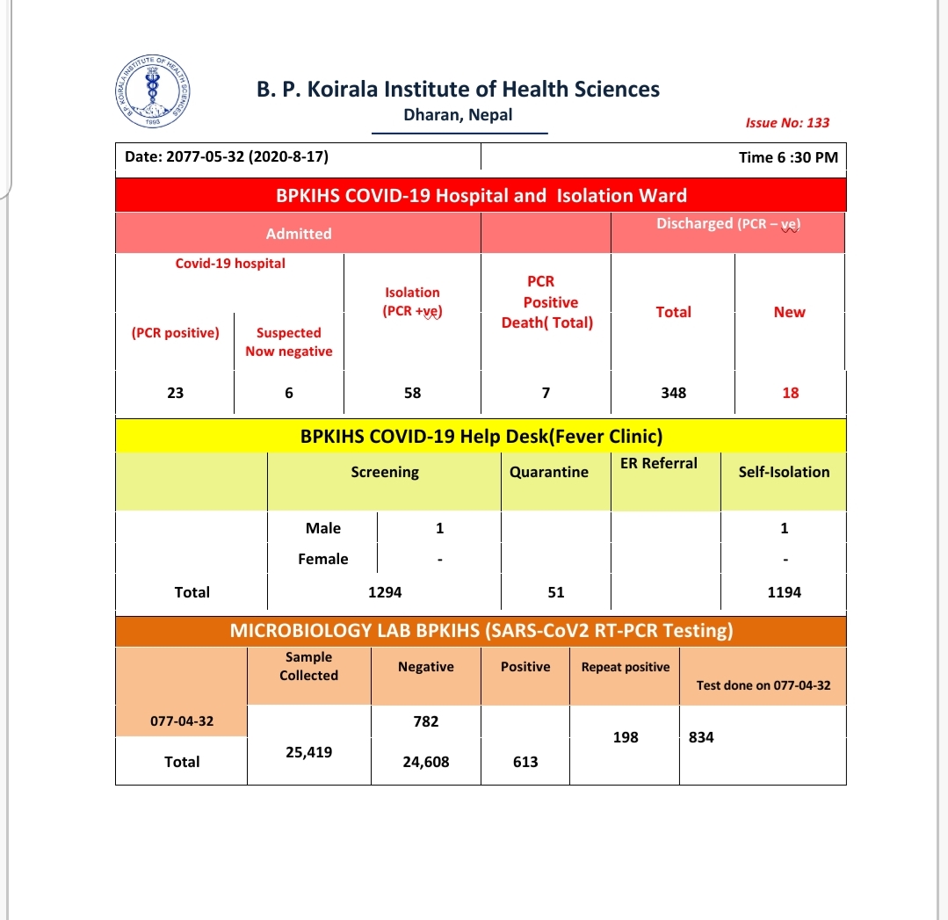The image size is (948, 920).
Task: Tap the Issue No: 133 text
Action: pyautogui.click(x=786, y=123)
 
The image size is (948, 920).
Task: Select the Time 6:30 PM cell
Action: pyautogui.click(x=788, y=158)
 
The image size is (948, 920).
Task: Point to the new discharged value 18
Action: pyautogui.click(x=790, y=393)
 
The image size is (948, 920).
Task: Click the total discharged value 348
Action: pyautogui.click(x=673, y=393)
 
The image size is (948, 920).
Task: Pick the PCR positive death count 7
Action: pyautogui.click(x=546, y=393)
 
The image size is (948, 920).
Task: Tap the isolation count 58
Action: pyautogui.click(x=412, y=393)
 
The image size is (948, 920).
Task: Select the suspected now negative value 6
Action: pyautogui.click(x=288, y=393)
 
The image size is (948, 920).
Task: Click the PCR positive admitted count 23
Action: pyautogui.click(x=175, y=393)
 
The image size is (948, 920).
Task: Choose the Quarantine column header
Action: pyautogui.click(x=548, y=472)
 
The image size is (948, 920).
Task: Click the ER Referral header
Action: pyautogui.click(x=658, y=463)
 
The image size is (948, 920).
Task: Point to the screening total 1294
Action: pyautogui.click(x=385, y=592)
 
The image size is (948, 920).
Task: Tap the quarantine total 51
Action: pyautogui.click(x=555, y=592)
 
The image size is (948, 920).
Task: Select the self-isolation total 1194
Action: pyautogui.click(x=784, y=592)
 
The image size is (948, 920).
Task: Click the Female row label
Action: pyautogui.click(x=322, y=559)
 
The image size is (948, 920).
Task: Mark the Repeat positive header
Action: pyautogui.click(x=625, y=667)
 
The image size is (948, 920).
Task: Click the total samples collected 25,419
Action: pyautogui.click(x=308, y=752)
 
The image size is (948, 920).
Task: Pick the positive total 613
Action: pyautogui.click(x=525, y=762)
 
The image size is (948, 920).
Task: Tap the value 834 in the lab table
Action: pyautogui.click(x=701, y=737)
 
